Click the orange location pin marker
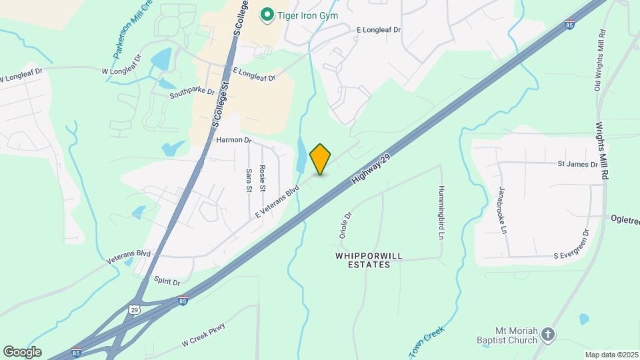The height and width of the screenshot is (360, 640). click(x=321, y=159)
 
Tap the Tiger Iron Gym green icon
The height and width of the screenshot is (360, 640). click(x=267, y=14)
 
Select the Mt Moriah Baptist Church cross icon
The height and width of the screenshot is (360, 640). click(x=547, y=335)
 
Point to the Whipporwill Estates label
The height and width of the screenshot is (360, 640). click(x=363, y=260)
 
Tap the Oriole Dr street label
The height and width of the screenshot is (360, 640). click(x=345, y=225)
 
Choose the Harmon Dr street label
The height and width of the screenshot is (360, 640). click(x=233, y=141)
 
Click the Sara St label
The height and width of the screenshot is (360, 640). click(x=249, y=180)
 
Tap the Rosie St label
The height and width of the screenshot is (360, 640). click(x=262, y=178)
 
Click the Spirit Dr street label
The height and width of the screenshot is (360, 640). click(x=167, y=282)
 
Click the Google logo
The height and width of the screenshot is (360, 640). click(x=22, y=352)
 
